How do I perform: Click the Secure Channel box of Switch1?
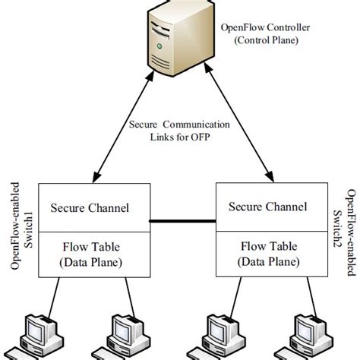point(89,207)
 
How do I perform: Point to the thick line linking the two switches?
point(179,222)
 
